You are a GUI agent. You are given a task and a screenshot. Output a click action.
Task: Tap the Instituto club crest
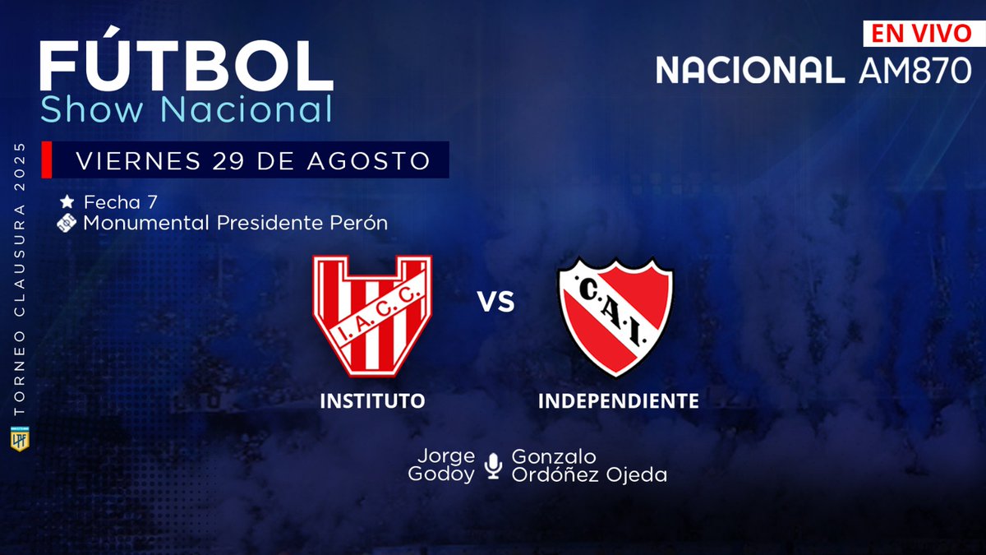point(371,315)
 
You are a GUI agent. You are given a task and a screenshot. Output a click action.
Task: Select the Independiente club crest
point(615,317)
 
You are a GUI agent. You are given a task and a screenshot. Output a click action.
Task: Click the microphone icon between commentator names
point(493,465)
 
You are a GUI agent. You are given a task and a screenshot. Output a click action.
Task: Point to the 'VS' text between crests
point(496,303)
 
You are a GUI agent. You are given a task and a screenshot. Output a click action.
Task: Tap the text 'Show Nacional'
point(187,109)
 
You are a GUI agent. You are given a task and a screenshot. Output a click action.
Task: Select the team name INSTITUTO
point(372,401)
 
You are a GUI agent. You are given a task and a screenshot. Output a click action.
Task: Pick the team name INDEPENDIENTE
point(618,401)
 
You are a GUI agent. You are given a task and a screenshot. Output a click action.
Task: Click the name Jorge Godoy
point(446,465)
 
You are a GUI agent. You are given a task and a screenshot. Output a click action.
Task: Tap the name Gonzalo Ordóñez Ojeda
point(588,465)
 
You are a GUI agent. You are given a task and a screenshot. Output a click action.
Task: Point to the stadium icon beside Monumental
point(67,223)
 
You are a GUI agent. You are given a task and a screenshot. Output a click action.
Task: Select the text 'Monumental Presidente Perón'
point(235,223)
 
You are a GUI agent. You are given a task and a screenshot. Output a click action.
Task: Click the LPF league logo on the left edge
point(17,439)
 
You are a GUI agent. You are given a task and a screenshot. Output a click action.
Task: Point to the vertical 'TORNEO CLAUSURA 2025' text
point(18,280)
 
